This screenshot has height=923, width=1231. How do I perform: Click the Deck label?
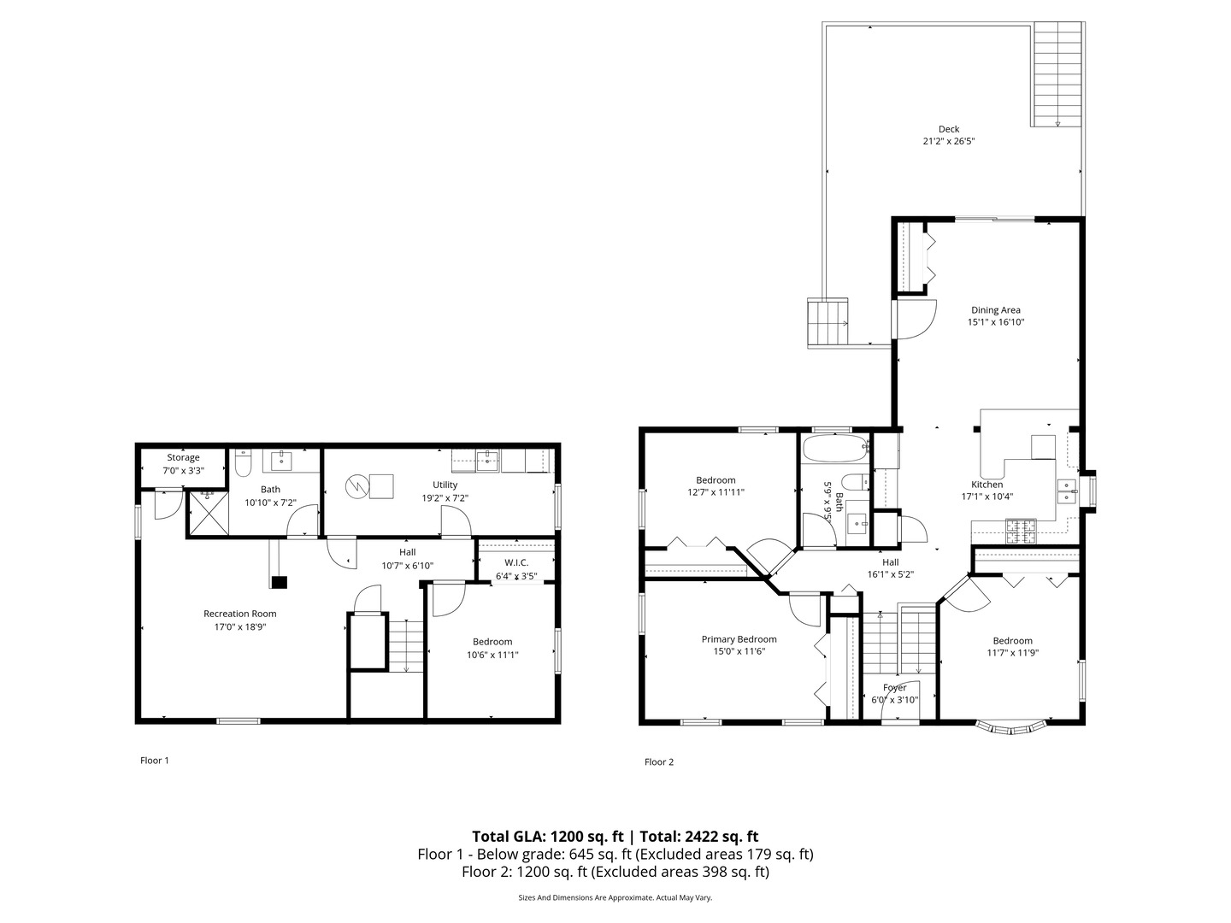tap(948, 129)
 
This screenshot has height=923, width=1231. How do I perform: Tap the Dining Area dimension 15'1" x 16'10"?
tap(995, 323)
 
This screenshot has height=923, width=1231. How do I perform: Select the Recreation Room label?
tap(239, 614)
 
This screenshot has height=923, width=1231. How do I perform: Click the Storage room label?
tap(183, 458)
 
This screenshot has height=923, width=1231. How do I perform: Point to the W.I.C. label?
tap(516, 562)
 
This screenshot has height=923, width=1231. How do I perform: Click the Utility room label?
tap(445, 485)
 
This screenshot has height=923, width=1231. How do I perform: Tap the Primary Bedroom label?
tap(739, 639)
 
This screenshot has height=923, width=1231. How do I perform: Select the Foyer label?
tap(894, 688)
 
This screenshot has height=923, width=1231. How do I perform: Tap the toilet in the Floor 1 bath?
tap(243, 464)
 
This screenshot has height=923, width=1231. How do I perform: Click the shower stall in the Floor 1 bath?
tap(208, 512)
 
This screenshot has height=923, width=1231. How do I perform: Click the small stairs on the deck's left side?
tap(828, 323)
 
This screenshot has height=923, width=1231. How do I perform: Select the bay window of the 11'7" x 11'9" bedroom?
tap(1011, 727)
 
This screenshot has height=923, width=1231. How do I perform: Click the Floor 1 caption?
tap(155, 761)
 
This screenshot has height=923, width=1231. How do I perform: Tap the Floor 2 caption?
tap(659, 762)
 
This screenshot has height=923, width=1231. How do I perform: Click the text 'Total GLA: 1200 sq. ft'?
tap(548, 837)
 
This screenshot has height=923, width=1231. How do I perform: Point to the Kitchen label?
tap(987, 485)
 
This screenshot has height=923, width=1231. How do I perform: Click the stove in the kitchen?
tap(1021, 532)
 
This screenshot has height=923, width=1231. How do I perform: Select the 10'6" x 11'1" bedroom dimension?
tap(492, 655)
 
